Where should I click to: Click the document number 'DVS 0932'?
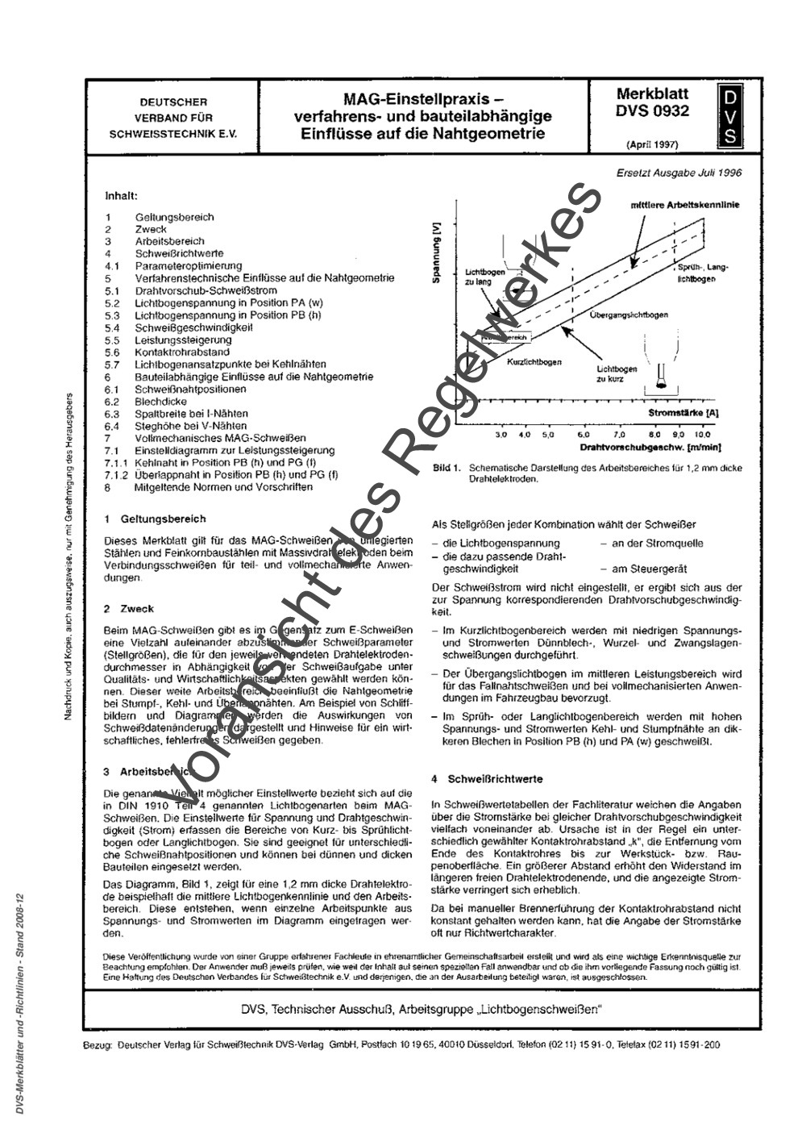652,112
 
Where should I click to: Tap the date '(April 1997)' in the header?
651,145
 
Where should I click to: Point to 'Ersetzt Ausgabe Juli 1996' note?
679,172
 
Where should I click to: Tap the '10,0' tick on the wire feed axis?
703,434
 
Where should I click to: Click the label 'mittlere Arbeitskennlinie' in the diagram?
684,205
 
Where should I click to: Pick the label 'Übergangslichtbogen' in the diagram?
628,315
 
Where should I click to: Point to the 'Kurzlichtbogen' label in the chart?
534,362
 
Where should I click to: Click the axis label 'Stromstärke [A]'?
683,412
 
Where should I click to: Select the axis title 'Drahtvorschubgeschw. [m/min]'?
649,446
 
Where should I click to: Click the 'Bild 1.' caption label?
446,468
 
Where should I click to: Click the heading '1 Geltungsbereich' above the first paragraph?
155,519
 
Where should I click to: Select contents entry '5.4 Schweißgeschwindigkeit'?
193,327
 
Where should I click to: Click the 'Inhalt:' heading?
121,196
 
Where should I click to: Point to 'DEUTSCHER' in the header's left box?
173,102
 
